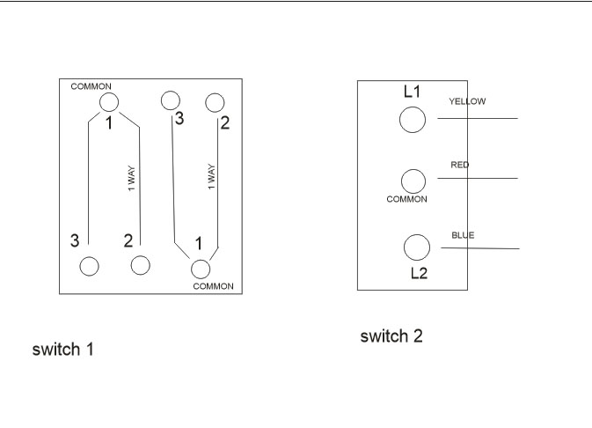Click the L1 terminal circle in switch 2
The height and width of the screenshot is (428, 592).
pyautogui.click(x=413, y=120)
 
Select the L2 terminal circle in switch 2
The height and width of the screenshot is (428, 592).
pyautogui.click(x=416, y=247)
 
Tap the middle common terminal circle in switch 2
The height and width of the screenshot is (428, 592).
pyautogui.click(x=413, y=181)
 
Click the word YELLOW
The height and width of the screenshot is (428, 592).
pyautogui.click(x=467, y=101)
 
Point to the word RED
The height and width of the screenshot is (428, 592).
pyautogui.click(x=460, y=165)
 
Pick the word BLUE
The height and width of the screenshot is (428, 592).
pyautogui.click(x=463, y=235)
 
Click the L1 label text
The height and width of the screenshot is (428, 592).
pyautogui.click(x=413, y=92)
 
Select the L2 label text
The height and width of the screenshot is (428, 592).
pyautogui.click(x=420, y=273)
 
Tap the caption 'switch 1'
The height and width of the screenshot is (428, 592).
pyautogui.click(x=62, y=350)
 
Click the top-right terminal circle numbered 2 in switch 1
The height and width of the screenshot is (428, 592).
pyautogui.click(x=214, y=103)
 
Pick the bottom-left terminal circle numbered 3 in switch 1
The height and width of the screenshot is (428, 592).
pyautogui.click(x=89, y=265)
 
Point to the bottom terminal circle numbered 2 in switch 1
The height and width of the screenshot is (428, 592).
pyautogui.click(x=139, y=264)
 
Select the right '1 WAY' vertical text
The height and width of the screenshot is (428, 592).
pyautogui.click(x=211, y=178)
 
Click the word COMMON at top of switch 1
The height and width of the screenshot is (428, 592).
pyautogui.click(x=91, y=86)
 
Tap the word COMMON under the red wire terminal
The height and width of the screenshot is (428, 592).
pyautogui.click(x=406, y=200)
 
